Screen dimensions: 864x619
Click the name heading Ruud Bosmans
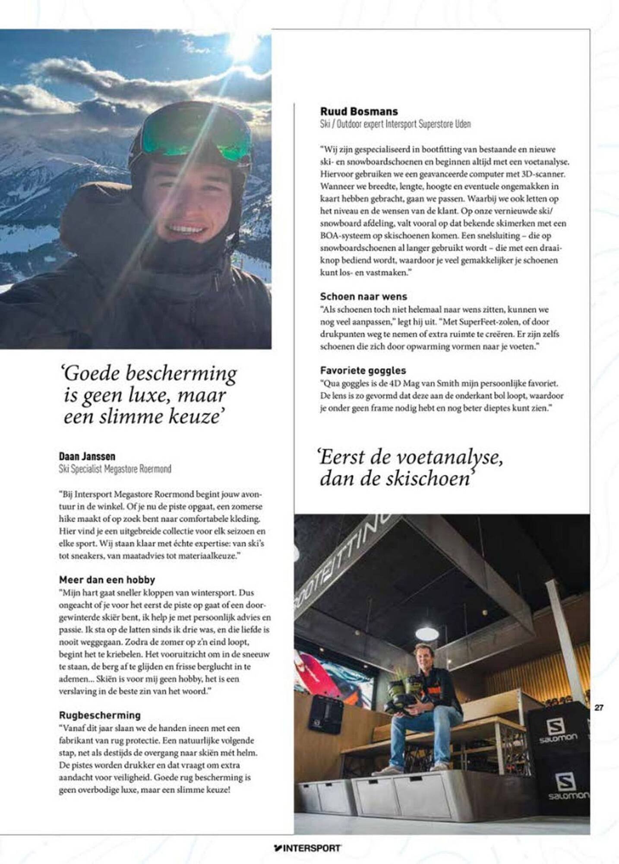click(x=359, y=111)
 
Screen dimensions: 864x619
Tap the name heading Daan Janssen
click(x=87, y=456)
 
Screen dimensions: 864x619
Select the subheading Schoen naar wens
click(x=363, y=297)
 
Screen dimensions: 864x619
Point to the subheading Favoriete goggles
click(x=363, y=370)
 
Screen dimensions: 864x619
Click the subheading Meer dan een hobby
click(x=107, y=580)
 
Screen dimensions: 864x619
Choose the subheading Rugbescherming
click(x=100, y=715)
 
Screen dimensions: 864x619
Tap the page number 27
click(x=599, y=708)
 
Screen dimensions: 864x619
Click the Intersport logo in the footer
click(x=307, y=848)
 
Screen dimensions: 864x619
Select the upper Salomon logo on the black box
click(x=557, y=731)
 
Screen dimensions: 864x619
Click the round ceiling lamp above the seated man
click(x=427, y=634)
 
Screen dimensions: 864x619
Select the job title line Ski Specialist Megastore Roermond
click(x=115, y=469)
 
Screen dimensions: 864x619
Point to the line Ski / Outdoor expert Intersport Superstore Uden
click(x=395, y=124)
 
